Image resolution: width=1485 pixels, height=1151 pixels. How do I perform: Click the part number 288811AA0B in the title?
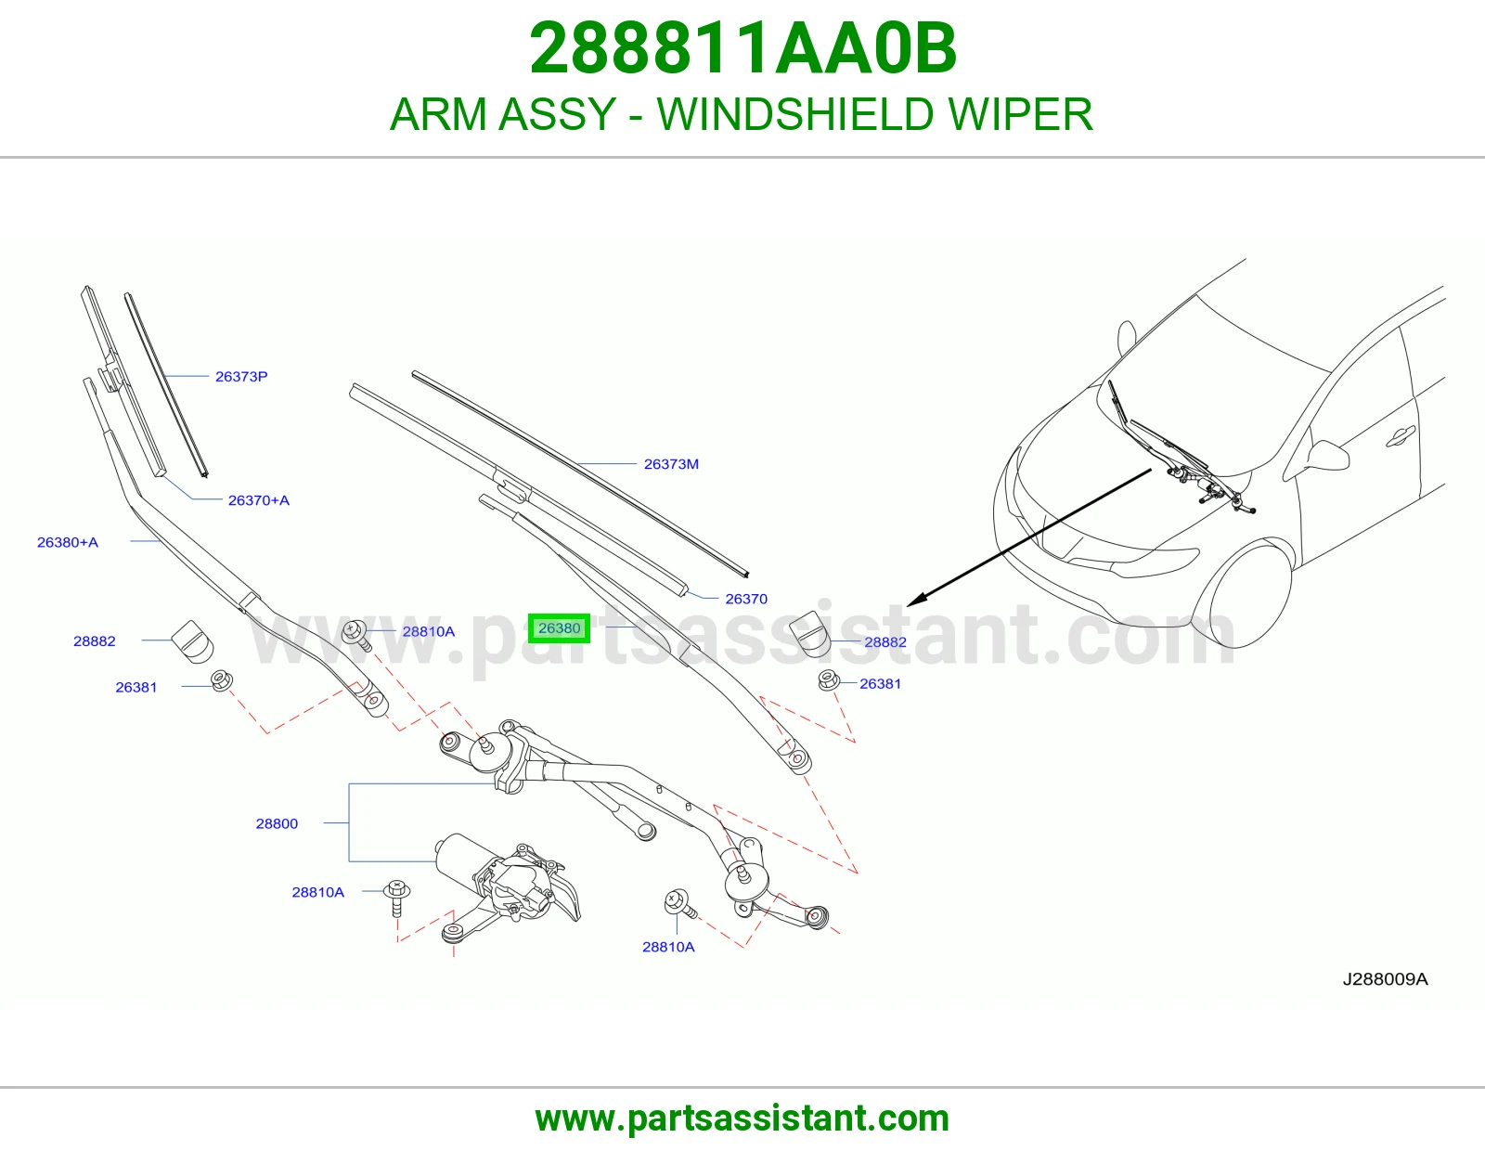742,48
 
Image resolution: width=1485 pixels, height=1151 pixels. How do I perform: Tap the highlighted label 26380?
559,628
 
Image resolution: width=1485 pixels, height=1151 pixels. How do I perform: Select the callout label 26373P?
241,377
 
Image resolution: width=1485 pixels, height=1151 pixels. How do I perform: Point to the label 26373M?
671,464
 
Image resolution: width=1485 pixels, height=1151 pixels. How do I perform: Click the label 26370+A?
258,500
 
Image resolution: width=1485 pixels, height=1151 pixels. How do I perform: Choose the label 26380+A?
68,543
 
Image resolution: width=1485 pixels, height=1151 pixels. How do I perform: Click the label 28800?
277,823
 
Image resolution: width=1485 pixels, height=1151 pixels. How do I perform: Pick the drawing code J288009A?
1385,979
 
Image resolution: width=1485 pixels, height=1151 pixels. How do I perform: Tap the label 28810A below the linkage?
668,947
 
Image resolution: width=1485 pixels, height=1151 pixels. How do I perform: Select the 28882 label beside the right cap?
885,642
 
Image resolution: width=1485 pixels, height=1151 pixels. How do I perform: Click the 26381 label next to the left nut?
136,688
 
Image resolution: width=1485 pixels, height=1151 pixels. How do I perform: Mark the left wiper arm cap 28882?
192,641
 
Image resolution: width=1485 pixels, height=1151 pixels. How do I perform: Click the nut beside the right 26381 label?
828,680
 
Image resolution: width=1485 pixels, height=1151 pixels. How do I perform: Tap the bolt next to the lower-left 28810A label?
397,898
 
